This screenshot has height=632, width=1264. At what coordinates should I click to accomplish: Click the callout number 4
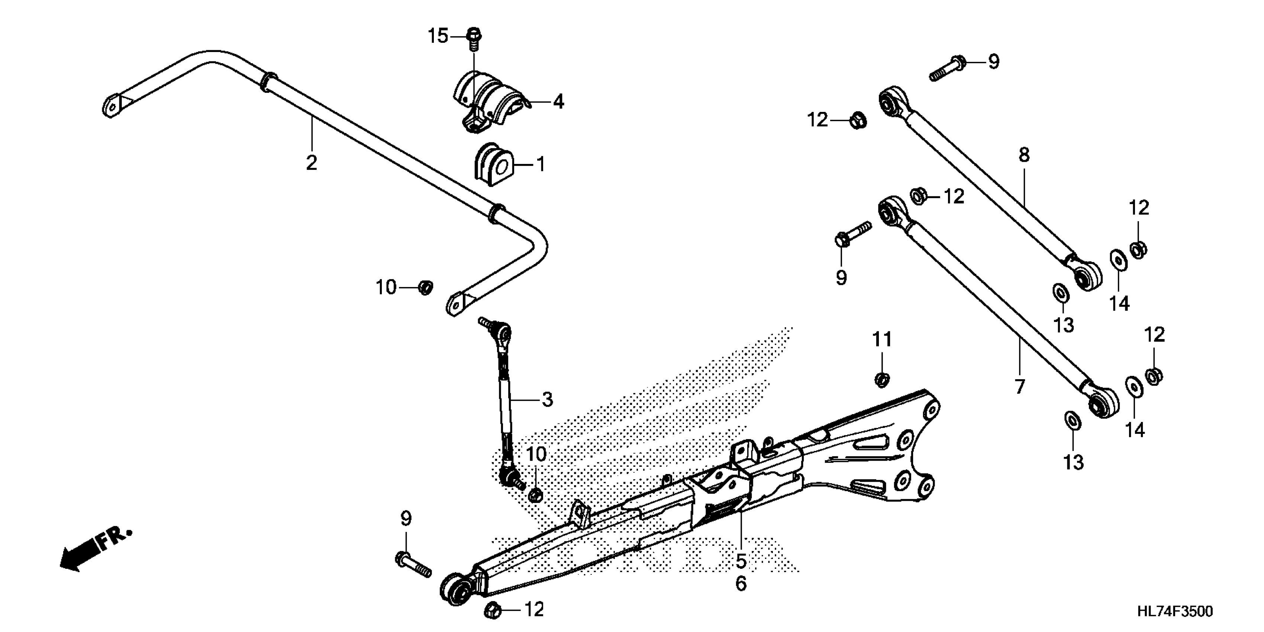coord(558,102)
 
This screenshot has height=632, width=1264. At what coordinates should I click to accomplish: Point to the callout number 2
coord(312,162)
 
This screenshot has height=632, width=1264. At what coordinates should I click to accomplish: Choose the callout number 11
coord(882,339)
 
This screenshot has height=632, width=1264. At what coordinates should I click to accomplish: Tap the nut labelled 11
coord(882,379)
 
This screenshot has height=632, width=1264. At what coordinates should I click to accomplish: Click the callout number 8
coord(1023,155)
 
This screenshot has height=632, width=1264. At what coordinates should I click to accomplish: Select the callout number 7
coord(1020,387)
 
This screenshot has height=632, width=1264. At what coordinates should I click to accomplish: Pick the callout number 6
coord(741,583)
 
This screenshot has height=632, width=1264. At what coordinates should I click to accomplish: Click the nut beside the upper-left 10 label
coord(425,287)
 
